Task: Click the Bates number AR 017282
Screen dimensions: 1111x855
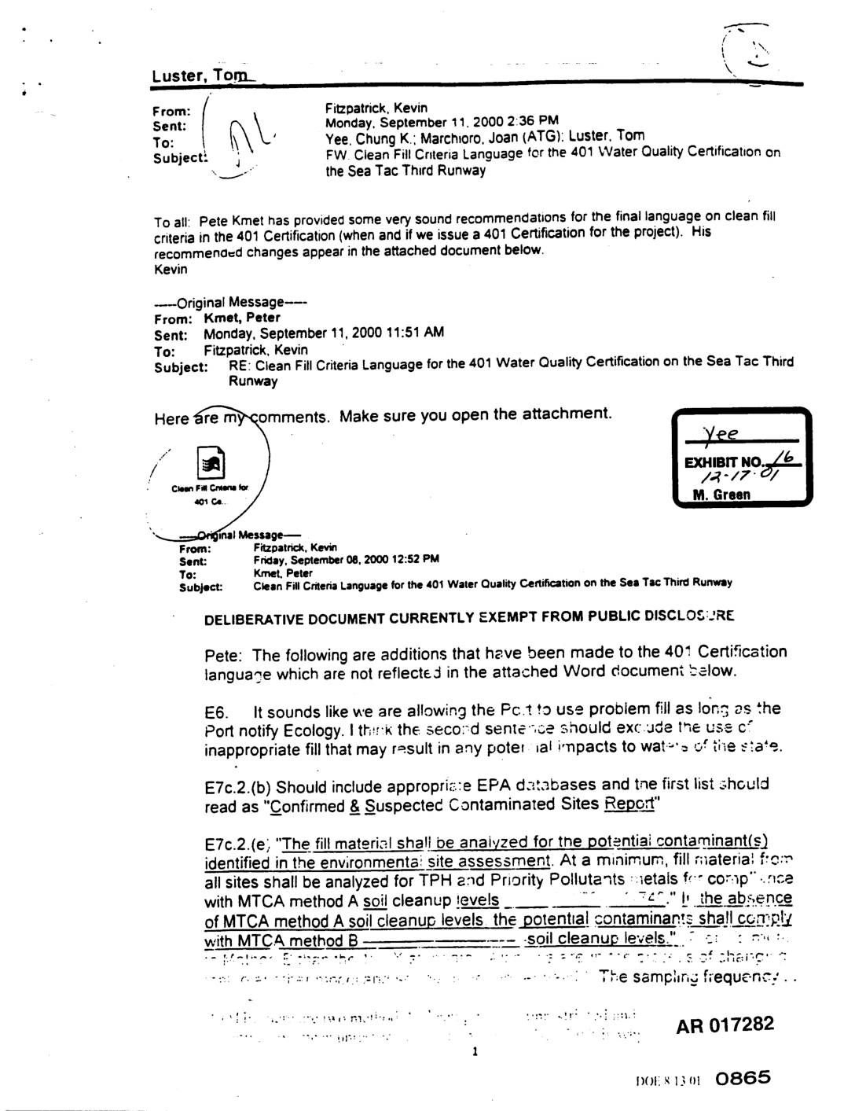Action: click(725, 1025)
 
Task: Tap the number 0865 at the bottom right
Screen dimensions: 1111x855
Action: click(743, 1079)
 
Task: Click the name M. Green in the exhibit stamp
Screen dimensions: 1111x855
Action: click(721, 495)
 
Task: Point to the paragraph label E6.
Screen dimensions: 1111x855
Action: click(216, 712)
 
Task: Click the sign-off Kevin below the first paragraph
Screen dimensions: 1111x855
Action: click(171, 270)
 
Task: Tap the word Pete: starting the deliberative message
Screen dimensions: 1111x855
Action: click(225, 655)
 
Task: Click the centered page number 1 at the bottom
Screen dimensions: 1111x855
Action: click(475, 1052)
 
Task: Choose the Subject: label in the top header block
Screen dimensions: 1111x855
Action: click(179, 157)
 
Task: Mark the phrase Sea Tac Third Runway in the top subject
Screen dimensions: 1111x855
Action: click(405, 171)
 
